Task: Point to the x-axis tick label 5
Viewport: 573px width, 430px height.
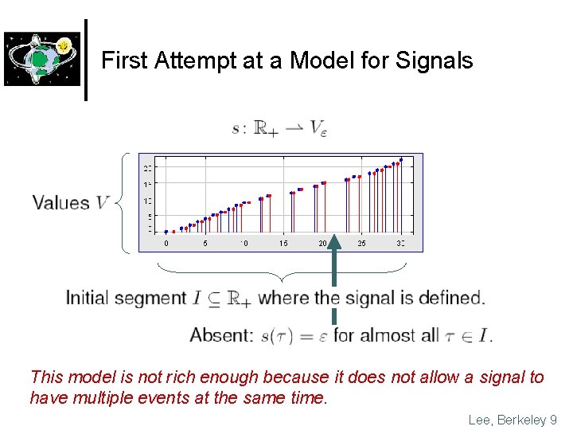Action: tap(205, 243)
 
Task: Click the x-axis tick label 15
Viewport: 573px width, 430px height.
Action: tap(283, 243)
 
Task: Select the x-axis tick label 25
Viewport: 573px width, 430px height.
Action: tap(361, 243)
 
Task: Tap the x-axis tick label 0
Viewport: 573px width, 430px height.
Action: tap(166, 243)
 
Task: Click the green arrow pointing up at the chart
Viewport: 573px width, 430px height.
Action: tap(333, 271)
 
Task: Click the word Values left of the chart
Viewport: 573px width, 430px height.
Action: tap(61, 202)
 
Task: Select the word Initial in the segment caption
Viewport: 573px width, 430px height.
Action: tap(87, 299)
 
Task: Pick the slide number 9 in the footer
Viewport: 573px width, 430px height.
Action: tap(553, 420)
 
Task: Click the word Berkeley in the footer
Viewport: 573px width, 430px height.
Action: tap(520, 420)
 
